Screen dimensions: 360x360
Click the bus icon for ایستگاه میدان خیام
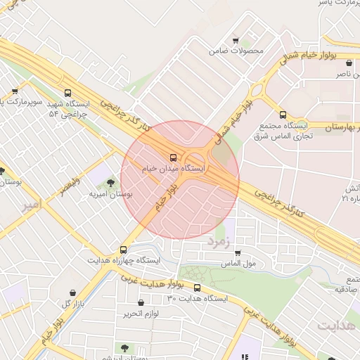click(174, 158)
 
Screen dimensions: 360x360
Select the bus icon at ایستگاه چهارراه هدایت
click(124, 249)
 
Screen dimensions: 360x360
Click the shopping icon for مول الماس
click(238, 253)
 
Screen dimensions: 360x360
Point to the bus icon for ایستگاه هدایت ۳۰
click(197, 288)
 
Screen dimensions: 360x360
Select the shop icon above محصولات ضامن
click(236, 40)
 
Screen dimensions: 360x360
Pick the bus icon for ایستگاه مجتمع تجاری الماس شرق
click(283, 115)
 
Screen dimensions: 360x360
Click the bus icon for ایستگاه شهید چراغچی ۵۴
click(67, 93)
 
